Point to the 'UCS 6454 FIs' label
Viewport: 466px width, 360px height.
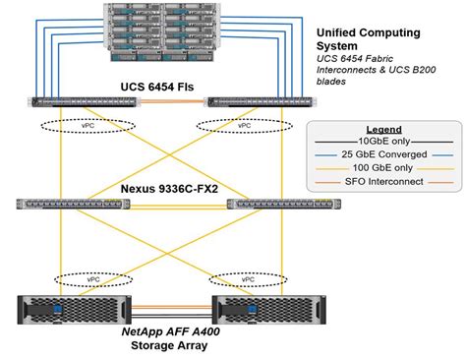(x=157, y=88)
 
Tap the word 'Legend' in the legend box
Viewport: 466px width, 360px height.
(x=385, y=131)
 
